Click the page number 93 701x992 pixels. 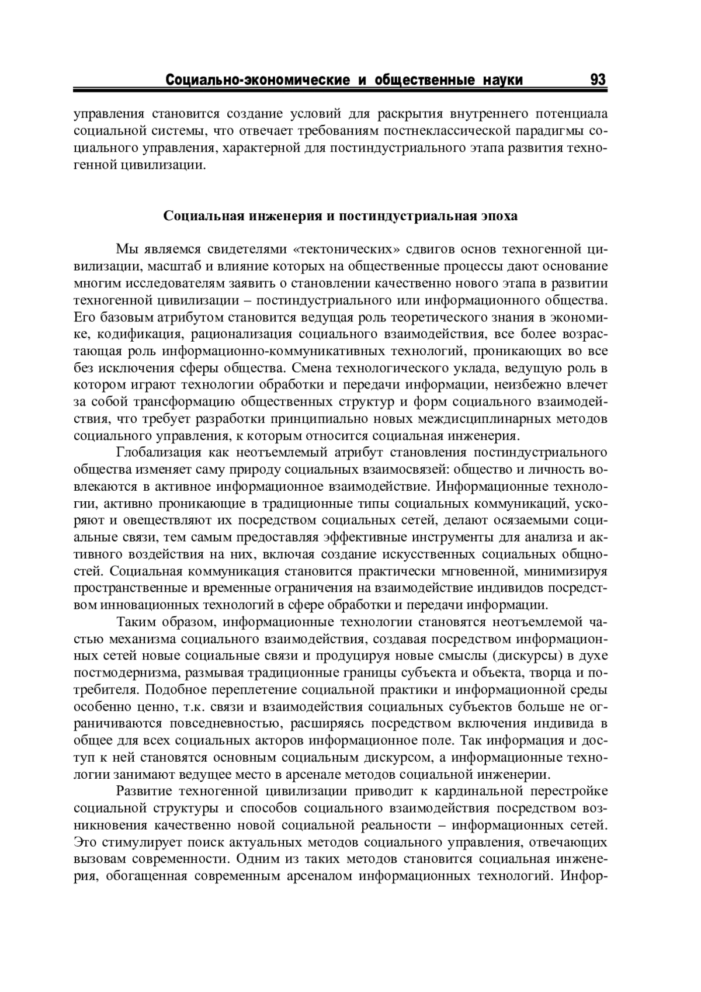pos(598,79)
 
